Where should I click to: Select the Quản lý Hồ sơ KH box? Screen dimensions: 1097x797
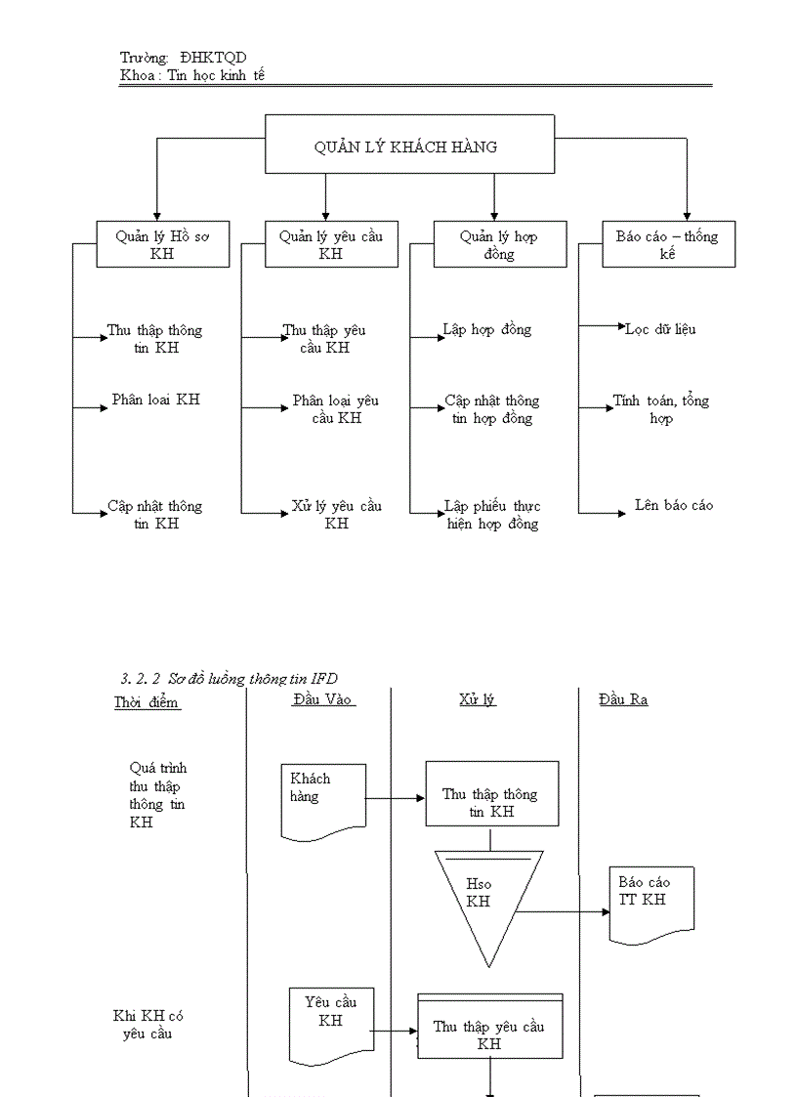(x=162, y=244)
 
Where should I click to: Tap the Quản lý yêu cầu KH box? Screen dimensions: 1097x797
(x=331, y=244)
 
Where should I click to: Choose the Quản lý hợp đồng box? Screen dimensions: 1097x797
(x=500, y=244)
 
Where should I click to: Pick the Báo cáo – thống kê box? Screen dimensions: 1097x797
(x=668, y=244)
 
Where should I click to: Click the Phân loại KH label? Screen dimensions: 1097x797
(x=155, y=400)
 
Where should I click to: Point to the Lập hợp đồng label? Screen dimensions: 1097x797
(x=487, y=330)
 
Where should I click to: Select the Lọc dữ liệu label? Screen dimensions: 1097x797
(x=661, y=330)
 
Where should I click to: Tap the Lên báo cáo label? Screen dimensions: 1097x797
(x=673, y=505)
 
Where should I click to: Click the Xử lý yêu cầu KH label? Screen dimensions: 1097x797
(x=337, y=514)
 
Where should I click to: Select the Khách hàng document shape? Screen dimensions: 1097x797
(x=323, y=797)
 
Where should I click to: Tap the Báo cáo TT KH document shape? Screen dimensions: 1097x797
(x=652, y=901)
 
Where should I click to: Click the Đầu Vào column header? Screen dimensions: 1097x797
(x=322, y=699)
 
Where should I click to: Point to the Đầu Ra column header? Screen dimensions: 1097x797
(x=624, y=699)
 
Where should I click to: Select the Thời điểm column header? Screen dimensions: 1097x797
(x=147, y=701)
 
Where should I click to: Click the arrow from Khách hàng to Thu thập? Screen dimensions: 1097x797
(x=396, y=798)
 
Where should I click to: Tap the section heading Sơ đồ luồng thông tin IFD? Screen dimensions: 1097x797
(x=230, y=678)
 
